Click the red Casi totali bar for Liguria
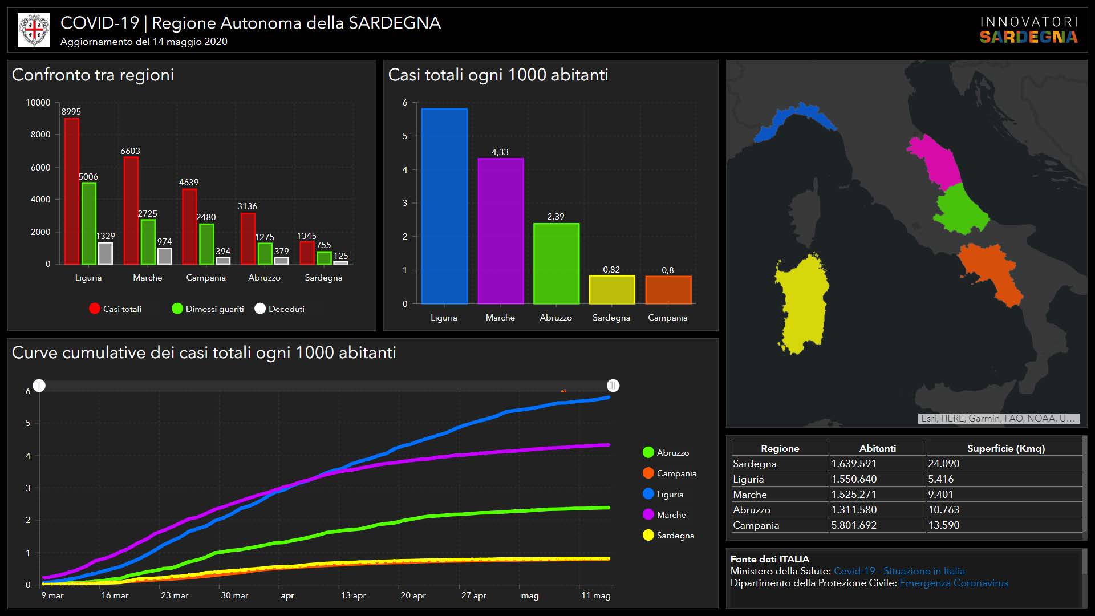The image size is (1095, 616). click(71, 191)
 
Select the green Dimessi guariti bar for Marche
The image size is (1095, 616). click(148, 242)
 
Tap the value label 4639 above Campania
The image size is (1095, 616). click(189, 183)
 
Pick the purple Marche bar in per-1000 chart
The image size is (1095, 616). click(500, 231)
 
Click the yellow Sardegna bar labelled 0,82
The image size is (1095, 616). click(611, 290)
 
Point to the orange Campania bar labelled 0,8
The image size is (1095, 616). click(668, 290)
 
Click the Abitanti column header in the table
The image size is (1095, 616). click(877, 448)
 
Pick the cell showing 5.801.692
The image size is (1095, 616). click(854, 525)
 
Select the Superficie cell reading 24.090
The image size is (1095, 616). click(944, 464)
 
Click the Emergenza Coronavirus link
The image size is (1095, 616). click(954, 583)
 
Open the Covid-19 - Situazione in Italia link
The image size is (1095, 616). click(899, 571)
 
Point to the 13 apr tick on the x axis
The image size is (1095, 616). click(353, 595)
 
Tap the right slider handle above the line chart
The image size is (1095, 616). click(613, 386)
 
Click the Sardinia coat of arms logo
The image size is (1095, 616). click(34, 30)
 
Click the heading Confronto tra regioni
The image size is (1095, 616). click(93, 75)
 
